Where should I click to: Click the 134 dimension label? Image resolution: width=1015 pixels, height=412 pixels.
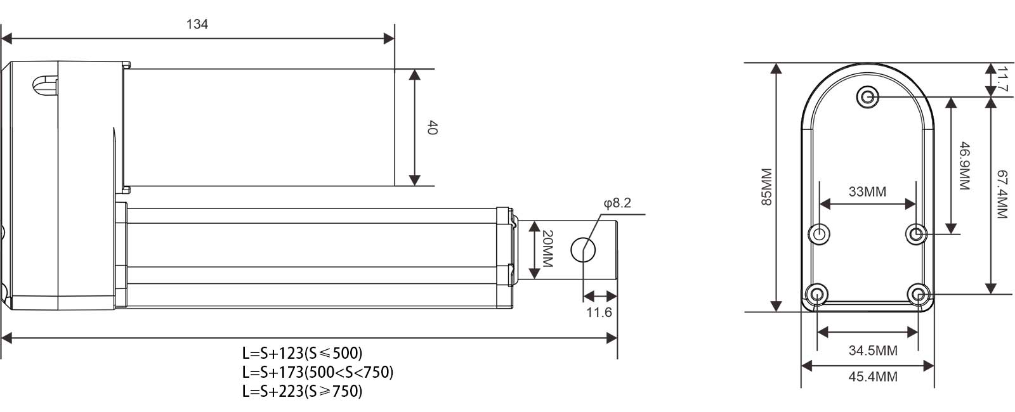click(197, 24)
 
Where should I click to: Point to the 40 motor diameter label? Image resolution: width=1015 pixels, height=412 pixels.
click(432, 127)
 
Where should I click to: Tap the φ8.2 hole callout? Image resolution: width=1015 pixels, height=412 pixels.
click(617, 203)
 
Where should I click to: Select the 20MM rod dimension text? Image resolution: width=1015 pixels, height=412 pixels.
click(547, 248)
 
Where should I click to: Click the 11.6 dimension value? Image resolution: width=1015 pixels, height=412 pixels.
click(599, 312)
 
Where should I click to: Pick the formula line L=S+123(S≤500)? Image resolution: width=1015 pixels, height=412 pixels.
click(302, 352)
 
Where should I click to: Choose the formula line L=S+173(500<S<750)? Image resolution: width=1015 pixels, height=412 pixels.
click(318, 372)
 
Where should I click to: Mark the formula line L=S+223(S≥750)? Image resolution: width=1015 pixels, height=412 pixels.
click(302, 391)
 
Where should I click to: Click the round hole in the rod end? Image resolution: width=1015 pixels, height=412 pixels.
click(583, 250)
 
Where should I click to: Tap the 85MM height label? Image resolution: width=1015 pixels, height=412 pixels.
click(766, 187)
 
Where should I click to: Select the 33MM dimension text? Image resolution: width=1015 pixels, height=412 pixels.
click(867, 191)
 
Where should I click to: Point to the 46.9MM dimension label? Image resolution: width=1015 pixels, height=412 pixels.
click(965, 165)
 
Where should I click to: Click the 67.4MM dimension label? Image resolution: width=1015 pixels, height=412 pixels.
click(1003, 194)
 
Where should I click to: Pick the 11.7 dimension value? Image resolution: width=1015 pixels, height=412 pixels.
click(1003, 80)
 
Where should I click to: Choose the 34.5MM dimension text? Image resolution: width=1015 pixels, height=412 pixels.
click(873, 351)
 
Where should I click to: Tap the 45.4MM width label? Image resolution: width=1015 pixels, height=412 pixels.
click(873, 377)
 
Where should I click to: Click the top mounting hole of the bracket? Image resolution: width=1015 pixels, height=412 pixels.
click(868, 97)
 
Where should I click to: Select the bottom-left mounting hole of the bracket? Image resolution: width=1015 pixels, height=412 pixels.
click(817, 295)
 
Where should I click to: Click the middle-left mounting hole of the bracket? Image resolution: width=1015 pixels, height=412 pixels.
click(819, 234)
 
